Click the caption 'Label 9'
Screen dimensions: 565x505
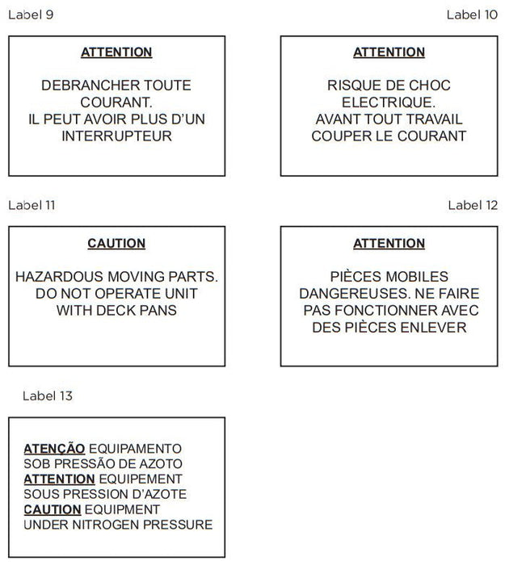point(30,15)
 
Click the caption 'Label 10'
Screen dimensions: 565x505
point(472,15)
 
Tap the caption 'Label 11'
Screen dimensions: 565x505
point(32,205)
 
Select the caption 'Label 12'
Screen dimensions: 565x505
point(473,205)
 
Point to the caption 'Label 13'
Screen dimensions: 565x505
point(47,395)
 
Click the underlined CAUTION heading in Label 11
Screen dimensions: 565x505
point(116,243)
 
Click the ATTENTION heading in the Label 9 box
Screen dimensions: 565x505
point(116,52)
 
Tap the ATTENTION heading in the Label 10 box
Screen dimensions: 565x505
point(389,52)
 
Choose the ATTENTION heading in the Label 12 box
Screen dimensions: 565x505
point(389,243)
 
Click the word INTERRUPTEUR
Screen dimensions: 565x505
point(116,136)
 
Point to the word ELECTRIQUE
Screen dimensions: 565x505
point(389,103)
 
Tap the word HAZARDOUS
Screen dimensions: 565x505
point(58,277)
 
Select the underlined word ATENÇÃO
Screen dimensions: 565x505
point(54,449)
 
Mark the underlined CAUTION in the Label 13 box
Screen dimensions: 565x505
point(53,510)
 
